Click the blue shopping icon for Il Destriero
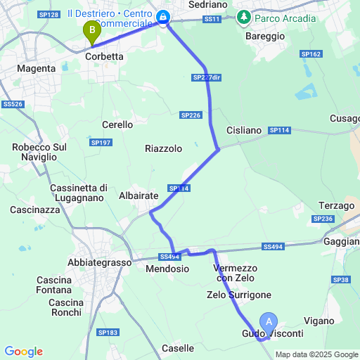coord(163,16)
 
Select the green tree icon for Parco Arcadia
coord(244,16)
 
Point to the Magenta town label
coord(38,69)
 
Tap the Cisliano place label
coord(244,131)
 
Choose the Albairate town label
coord(138,196)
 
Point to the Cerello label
coord(117,124)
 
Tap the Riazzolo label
coord(163,148)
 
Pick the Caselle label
coord(177,348)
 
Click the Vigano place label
coord(319,321)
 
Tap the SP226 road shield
coord(190,115)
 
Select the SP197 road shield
coord(101,143)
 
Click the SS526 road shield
coord(13,104)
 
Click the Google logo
coord(23,352)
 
